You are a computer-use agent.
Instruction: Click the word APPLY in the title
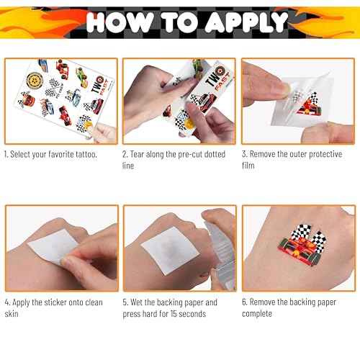pyautogui.click(x=247, y=22)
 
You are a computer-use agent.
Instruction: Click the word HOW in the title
pyautogui.click(x=120, y=22)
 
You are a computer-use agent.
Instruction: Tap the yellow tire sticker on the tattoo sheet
pyautogui.click(x=35, y=81)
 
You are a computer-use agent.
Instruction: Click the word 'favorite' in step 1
pyautogui.click(x=61, y=154)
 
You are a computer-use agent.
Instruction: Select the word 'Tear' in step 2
pyautogui.click(x=137, y=154)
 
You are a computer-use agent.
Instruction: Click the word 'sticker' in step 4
pyautogui.click(x=55, y=302)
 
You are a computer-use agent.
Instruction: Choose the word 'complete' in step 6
pyautogui.click(x=257, y=314)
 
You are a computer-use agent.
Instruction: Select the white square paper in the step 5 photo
pyautogui.click(x=170, y=250)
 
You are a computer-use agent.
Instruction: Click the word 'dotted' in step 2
pyautogui.click(x=215, y=154)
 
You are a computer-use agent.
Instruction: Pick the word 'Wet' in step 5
pyautogui.click(x=137, y=302)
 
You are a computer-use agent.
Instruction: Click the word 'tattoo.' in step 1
pyautogui.click(x=86, y=154)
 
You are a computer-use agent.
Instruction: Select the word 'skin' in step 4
pyautogui.click(x=12, y=314)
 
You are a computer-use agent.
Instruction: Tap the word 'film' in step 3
pyautogui.click(x=248, y=166)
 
